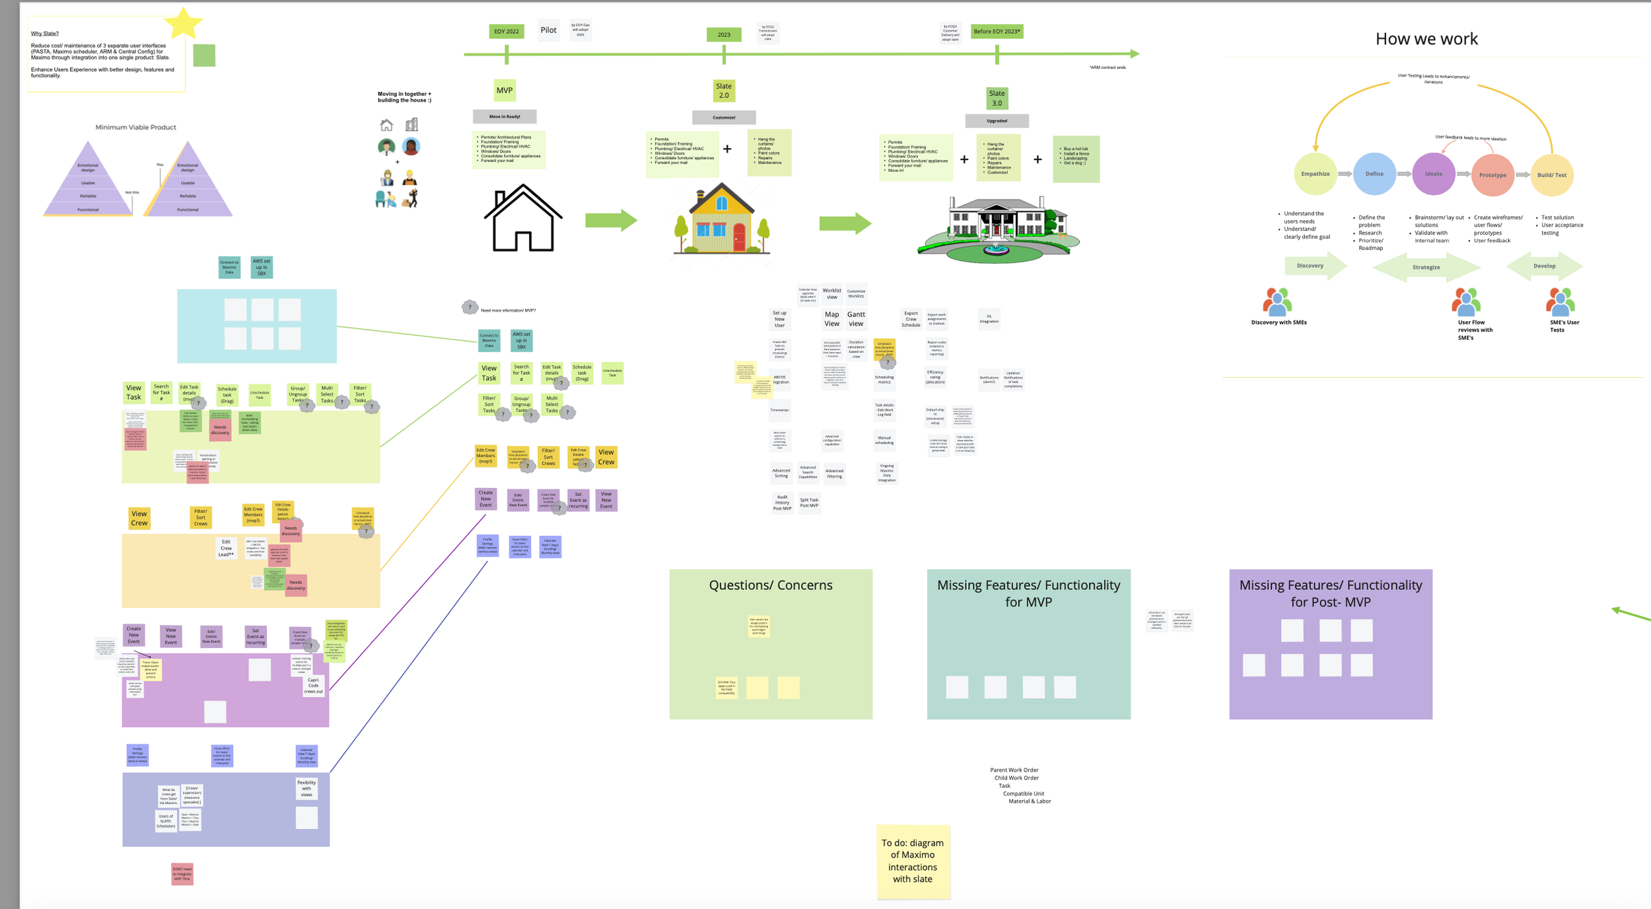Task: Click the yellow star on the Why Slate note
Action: (x=183, y=23)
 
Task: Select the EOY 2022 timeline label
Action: (x=507, y=31)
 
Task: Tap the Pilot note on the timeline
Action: (x=548, y=30)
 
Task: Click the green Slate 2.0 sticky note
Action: (x=724, y=91)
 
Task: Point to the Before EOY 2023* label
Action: (x=997, y=31)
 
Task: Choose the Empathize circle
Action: (x=1315, y=174)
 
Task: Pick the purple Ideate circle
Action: (x=1433, y=174)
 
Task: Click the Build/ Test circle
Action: (x=1551, y=175)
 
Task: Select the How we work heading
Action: (x=1426, y=39)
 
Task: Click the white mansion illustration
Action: (x=997, y=228)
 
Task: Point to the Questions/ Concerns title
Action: (x=770, y=585)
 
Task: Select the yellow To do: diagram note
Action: (x=913, y=861)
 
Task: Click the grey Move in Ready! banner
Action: (x=505, y=116)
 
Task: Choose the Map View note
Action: (x=831, y=319)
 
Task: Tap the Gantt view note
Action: (x=856, y=319)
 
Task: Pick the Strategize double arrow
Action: (x=1426, y=267)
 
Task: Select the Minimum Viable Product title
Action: (x=135, y=127)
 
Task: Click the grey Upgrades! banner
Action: (x=997, y=121)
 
